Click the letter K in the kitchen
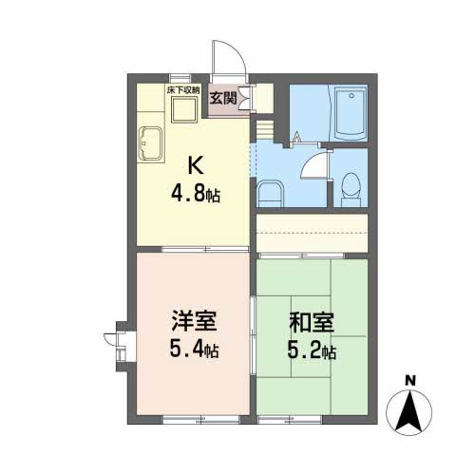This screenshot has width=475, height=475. [x=195, y=164]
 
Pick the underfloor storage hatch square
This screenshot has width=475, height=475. [x=182, y=108]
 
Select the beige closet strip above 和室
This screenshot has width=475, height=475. [x=312, y=231]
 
